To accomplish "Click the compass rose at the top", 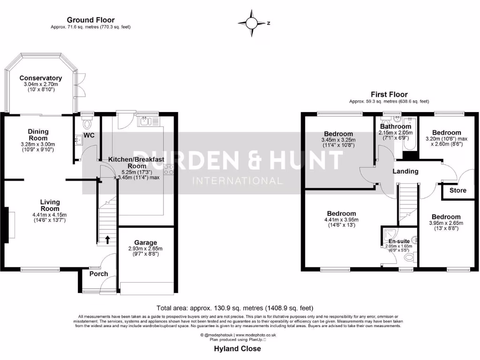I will point(253,22).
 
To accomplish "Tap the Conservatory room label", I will point(40,78).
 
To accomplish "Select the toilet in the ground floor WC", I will point(86,124).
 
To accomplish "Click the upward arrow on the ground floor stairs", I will point(108,240).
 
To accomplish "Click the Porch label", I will point(98,274).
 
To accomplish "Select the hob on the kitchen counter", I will point(168,167).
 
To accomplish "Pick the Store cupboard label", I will point(458,190).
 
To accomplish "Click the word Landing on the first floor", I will point(405,171).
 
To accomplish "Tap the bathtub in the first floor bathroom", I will point(410,138).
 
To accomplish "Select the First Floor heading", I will point(389,94).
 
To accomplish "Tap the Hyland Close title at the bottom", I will point(237,349).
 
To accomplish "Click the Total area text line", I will point(235,308).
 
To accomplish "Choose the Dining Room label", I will point(38,135).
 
